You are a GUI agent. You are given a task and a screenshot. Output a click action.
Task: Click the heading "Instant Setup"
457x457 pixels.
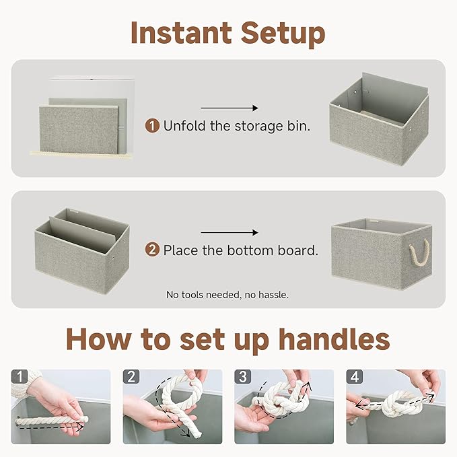[227, 32]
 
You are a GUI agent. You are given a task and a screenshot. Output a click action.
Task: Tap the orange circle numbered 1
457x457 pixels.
[153, 125]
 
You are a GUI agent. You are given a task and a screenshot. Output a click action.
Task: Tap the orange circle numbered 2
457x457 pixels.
[153, 250]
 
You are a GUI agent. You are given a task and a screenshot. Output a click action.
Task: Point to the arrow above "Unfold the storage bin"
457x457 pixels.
[230, 108]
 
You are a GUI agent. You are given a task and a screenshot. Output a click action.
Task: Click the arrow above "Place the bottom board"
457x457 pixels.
[230, 233]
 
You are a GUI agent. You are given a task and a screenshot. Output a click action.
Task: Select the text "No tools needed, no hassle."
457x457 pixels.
[227, 295]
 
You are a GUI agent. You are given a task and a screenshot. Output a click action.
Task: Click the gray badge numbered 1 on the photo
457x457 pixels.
[20, 377]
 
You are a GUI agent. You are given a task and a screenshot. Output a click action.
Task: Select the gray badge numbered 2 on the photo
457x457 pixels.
[131, 377]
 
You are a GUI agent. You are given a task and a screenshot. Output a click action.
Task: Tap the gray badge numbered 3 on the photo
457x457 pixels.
[242, 377]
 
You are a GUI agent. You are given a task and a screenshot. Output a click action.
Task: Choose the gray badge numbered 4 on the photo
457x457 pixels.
[354, 377]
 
